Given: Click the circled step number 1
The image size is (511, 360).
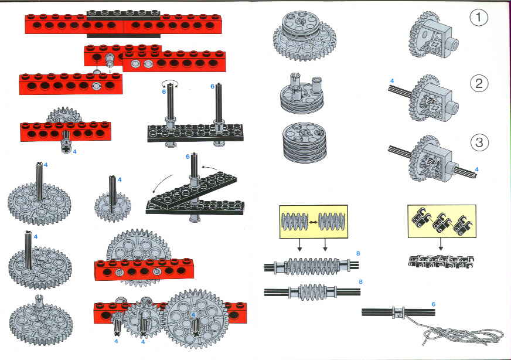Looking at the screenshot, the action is point(479,17).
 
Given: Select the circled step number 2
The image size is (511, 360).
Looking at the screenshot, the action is point(479,83).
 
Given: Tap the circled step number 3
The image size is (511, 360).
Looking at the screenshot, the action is point(479,142).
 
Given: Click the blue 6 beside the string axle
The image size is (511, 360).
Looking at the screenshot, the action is point(433,304).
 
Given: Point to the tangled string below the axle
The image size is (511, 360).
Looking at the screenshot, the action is point(463,334).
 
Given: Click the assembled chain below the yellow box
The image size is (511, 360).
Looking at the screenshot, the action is point(441,261).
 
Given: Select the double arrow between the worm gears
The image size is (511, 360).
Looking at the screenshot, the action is point(313,222).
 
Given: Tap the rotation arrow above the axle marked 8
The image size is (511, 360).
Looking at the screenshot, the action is point(171,83).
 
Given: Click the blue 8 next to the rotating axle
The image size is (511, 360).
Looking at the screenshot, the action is point(164,91).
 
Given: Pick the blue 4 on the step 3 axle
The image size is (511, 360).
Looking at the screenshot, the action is point(477,169).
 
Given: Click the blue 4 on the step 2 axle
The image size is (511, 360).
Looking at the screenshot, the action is point(392,81).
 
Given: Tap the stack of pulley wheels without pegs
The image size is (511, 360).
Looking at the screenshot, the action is point(305,142).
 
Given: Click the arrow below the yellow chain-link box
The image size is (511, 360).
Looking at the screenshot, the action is point(441,244).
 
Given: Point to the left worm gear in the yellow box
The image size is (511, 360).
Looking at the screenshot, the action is point(295,222).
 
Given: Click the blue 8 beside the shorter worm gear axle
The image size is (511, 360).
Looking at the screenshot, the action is point(360,282).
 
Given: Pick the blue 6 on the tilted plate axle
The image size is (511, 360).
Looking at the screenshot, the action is point(188,157).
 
